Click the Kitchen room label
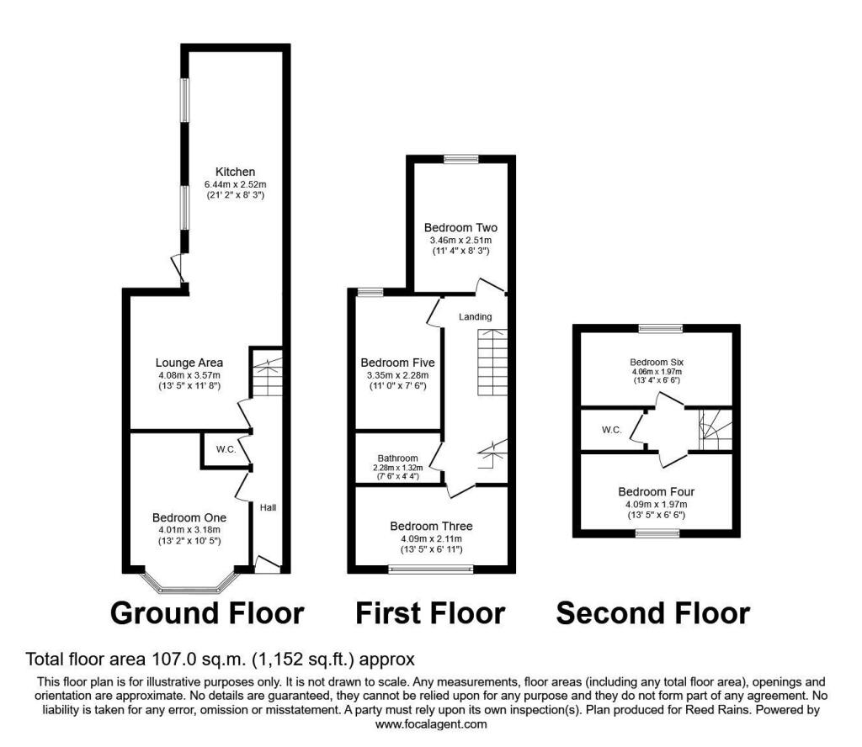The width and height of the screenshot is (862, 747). point(236,172)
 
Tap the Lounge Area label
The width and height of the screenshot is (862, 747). point(189,363)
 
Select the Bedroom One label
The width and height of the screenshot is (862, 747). point(189,517)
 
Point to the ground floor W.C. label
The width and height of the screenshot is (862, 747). point(226,449)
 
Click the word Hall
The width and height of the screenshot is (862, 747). point(268,507)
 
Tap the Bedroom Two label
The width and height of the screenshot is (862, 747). point(460,227)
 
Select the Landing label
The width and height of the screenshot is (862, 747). point(475,317)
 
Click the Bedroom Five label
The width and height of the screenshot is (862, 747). point(397,363)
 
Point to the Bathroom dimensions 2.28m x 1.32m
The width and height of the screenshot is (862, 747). point(397,468)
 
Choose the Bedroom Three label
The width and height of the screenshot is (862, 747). point(431,527)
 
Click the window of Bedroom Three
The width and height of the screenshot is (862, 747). point(431,569)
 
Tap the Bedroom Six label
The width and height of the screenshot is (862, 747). point(657,363)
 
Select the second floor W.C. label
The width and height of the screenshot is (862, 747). point(611,430)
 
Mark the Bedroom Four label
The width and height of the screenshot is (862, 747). point(656,491)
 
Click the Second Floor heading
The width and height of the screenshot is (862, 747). point(653,613)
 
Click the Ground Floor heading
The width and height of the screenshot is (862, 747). point(207,613)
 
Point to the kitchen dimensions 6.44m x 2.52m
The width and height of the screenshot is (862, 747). point(236,184)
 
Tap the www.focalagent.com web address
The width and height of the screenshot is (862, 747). point(431,724)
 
